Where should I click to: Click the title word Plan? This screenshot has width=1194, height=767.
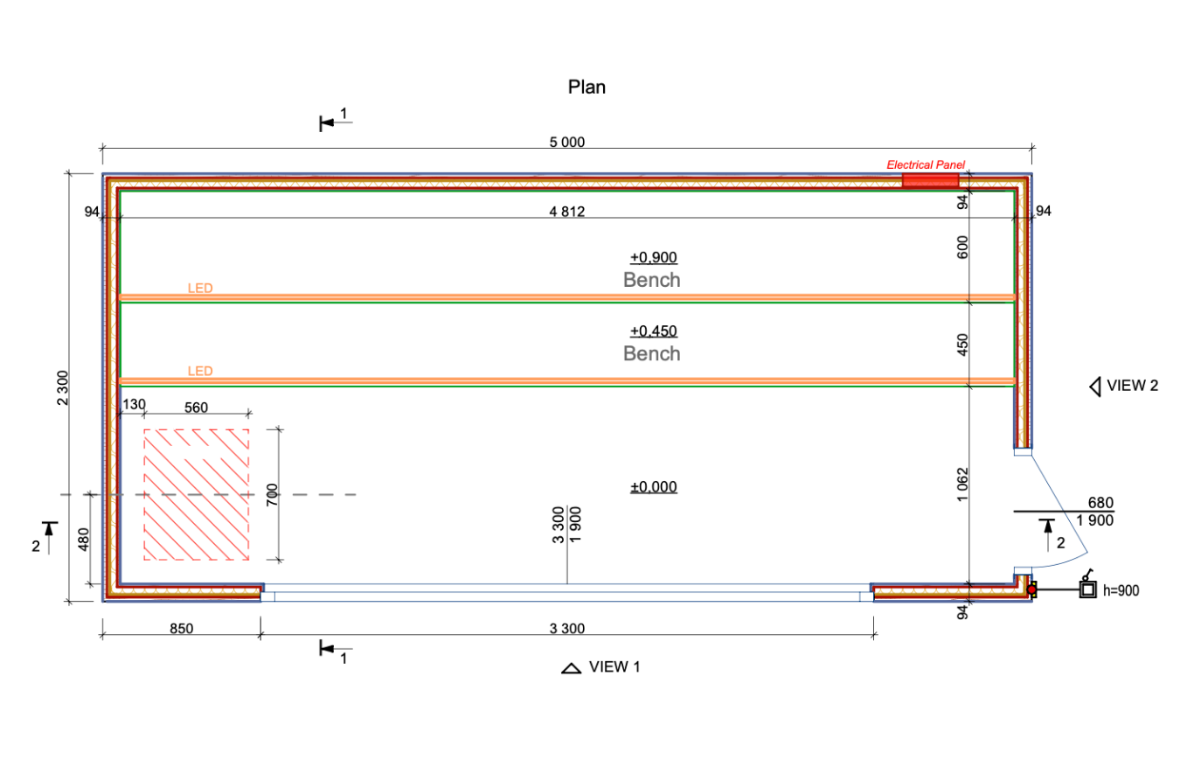587,87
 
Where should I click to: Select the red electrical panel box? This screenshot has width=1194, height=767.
930,180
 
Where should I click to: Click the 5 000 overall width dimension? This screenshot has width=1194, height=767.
566,143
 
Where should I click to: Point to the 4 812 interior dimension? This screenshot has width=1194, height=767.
566,211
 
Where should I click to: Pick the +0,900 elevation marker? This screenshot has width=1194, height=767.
654,257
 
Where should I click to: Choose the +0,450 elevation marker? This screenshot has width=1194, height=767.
654,331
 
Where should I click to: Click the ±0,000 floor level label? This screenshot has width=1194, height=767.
654,487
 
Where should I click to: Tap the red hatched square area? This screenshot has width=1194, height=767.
196,494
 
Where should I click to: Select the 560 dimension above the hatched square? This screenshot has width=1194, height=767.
198,406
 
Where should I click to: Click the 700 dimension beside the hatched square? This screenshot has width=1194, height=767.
271,495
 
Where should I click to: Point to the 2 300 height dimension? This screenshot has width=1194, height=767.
62,387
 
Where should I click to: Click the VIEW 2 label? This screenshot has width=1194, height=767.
1132,386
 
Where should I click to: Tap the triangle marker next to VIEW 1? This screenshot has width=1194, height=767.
572,668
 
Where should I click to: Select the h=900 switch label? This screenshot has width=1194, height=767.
1121,591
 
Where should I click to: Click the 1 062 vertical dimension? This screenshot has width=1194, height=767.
962,484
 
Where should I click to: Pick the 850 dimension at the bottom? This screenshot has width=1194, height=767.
181,628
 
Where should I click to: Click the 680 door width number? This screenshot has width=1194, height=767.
1100,503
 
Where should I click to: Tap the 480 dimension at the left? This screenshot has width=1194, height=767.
84,540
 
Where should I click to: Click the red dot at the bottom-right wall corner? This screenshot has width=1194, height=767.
1031,590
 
